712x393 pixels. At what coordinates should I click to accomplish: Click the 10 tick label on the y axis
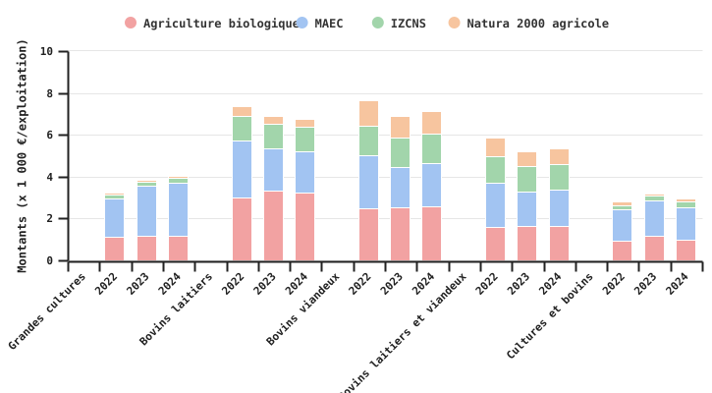46,51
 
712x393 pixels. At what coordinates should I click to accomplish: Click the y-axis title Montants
23,155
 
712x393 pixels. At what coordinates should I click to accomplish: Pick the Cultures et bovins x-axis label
552,315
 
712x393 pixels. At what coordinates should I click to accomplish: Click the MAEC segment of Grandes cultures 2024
178,209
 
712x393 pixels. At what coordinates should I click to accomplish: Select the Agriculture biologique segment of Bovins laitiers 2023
273,226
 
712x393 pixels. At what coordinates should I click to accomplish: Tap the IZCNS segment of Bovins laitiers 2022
242,129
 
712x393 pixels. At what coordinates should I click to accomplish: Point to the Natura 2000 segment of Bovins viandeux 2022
368,113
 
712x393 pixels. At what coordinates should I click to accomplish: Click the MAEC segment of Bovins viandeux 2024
431,185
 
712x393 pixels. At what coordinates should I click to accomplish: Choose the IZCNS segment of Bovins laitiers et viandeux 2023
526,179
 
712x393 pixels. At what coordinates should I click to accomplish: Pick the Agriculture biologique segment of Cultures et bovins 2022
622,251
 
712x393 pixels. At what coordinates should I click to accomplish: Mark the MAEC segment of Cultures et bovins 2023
653,218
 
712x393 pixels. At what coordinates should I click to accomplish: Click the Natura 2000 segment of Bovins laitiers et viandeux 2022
495,147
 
